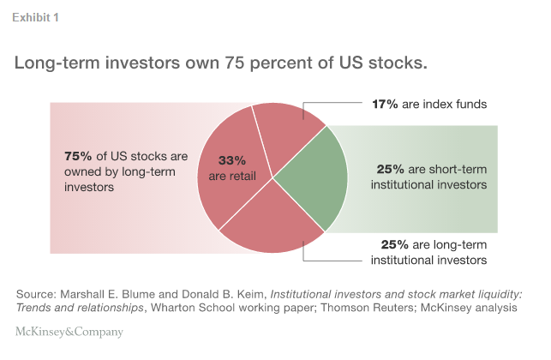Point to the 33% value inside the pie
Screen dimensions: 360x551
[x=231, y=160]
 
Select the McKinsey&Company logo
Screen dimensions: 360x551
[x=69, y=332]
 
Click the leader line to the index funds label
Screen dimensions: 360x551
[x=343, y=105]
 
